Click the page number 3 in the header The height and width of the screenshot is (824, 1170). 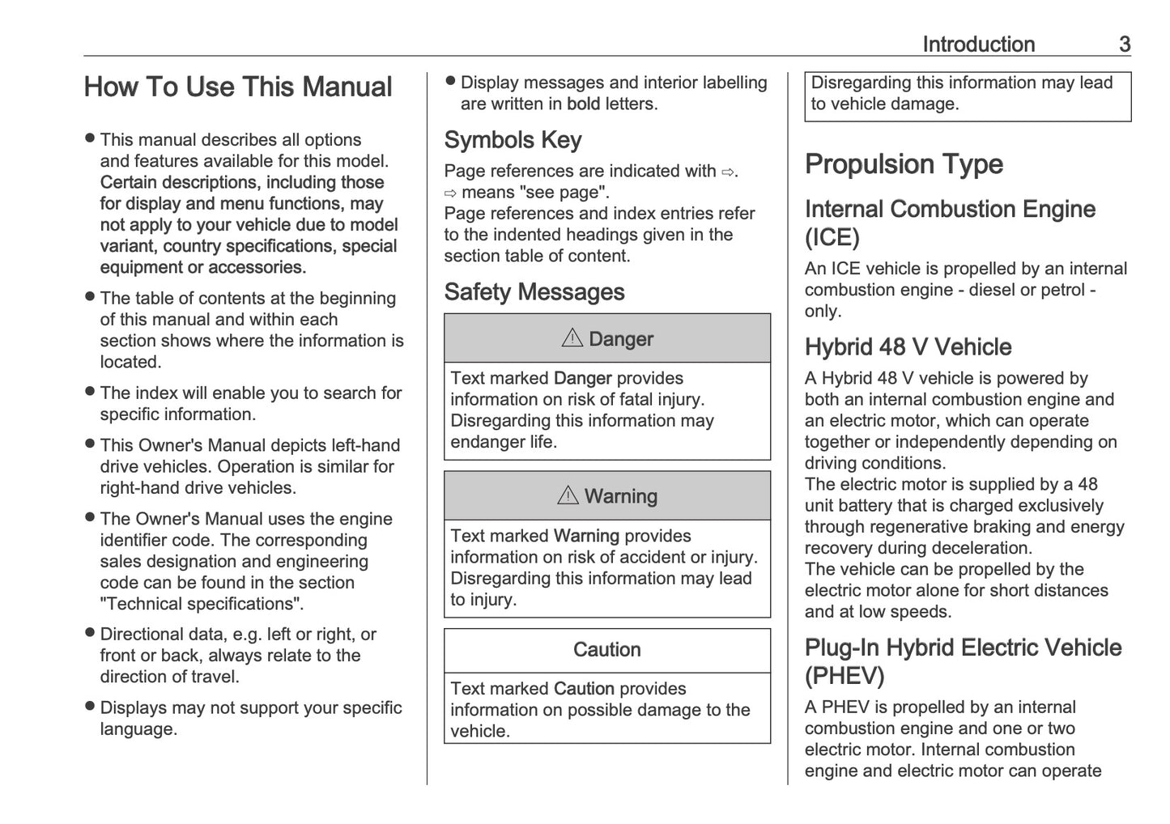1124,45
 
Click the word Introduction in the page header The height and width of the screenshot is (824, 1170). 978,45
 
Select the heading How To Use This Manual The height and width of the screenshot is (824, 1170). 238,87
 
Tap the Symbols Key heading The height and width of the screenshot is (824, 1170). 513,140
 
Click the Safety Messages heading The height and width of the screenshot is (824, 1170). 534,292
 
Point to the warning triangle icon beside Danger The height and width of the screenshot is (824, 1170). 572,338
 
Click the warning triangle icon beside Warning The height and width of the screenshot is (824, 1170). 568,495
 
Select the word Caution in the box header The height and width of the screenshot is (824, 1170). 606,650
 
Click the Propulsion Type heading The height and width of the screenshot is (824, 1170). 904,164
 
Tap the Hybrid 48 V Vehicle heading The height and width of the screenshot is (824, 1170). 908,347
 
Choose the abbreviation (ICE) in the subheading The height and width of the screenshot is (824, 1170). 832,238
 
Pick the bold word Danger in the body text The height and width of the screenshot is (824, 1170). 582,379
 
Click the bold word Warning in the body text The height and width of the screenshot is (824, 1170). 586,536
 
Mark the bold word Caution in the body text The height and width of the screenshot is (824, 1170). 584,689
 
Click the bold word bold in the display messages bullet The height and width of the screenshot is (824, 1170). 583,104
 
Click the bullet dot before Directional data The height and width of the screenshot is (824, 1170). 90,634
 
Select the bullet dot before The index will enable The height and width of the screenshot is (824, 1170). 90,393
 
